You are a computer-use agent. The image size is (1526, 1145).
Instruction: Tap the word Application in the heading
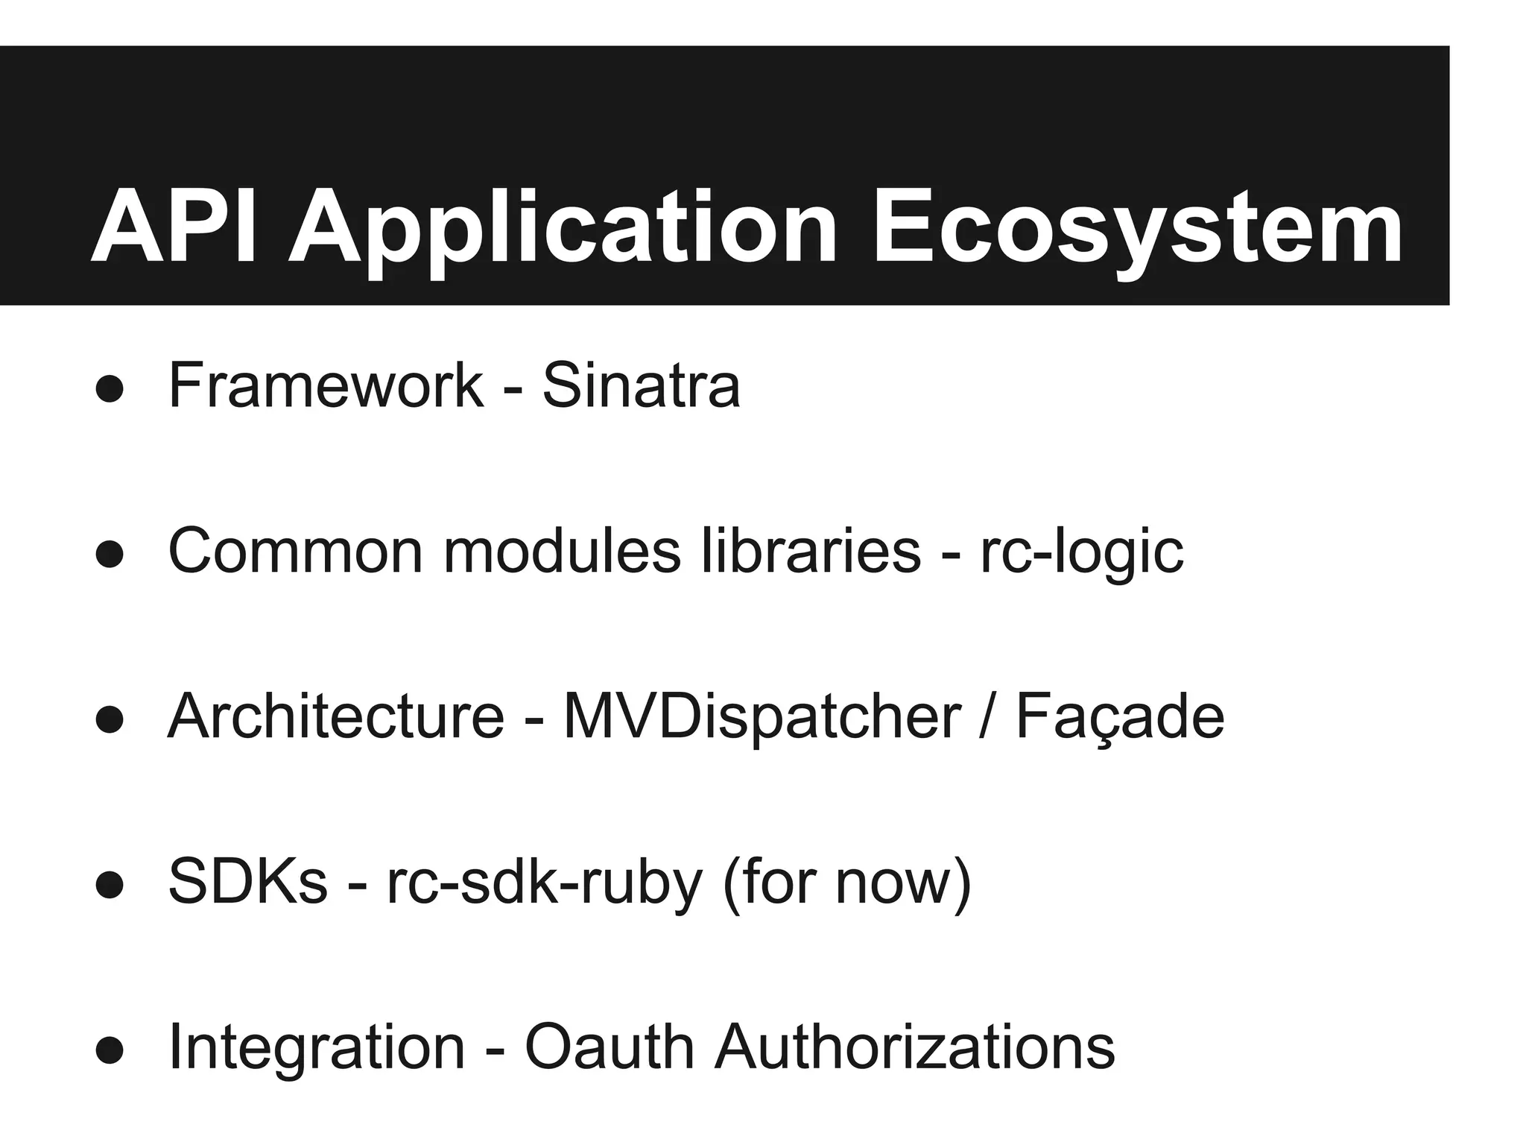pyautogui.click(x=563, y=231)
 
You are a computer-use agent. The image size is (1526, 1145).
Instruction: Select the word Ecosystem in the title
pyautogui.click(x=1137, y=231)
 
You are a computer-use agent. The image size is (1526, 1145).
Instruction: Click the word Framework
pyautogui.click(x=326, y=385)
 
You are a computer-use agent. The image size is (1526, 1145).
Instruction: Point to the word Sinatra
pyautogui.click(x=641, y=385)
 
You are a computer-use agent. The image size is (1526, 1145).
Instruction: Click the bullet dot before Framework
pyautogui.click(x=110, y=389)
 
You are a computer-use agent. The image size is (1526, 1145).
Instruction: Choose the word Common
pyautogui.click(x=296, y=552)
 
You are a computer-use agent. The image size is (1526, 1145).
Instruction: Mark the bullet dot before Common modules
pyautogui.click(x=110, y=555)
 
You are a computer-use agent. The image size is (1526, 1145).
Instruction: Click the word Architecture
pyautogui.click(x=336, y=716)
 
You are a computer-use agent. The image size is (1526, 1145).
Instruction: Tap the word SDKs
pyautogui.click(x=248, y=882)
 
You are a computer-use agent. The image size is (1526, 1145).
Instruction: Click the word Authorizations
pyautogui.click(x=914, y=1047)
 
